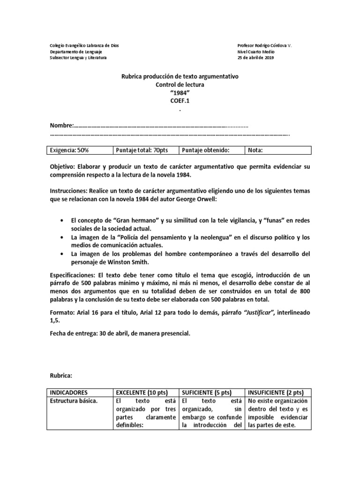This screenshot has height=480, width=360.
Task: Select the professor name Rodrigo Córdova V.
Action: [x=274, y=45]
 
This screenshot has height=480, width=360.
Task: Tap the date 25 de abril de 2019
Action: [x=256, y=58]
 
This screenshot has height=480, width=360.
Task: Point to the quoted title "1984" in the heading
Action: [x=180, y=92]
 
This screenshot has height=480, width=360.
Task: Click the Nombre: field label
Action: [x=62, y=126]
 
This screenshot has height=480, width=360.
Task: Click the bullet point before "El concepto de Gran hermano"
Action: [x=63, y=220]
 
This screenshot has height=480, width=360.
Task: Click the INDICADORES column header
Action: [x=69, y=392]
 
